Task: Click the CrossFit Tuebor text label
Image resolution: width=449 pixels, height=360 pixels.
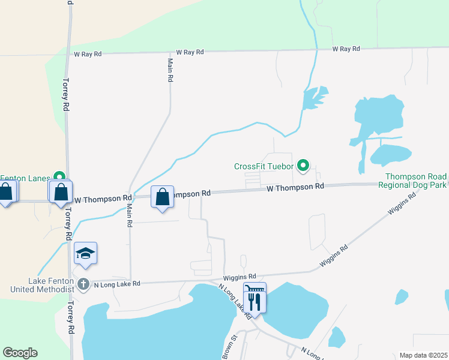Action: (x=264, y=166)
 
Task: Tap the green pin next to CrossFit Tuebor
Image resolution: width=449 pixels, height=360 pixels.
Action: (x=304, y=165)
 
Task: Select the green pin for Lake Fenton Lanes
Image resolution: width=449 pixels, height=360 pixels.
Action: (x=59, y=177)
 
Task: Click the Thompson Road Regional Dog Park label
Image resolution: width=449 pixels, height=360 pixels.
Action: (x=416, y=181)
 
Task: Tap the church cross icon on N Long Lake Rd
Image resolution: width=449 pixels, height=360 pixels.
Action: (x=83, y=283)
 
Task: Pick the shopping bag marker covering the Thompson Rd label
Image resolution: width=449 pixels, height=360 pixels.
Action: (x=162, y=197)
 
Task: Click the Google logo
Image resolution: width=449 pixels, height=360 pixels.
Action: (x=20, y=353)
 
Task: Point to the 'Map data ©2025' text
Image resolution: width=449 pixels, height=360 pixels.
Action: (x=424, y=355)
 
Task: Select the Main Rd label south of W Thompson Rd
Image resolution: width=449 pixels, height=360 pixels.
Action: (x=129, y=215)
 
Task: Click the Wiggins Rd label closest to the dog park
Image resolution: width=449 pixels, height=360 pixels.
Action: (x=402, y=204)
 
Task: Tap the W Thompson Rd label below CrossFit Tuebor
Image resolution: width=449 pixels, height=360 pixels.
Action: (x=295, y=187)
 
